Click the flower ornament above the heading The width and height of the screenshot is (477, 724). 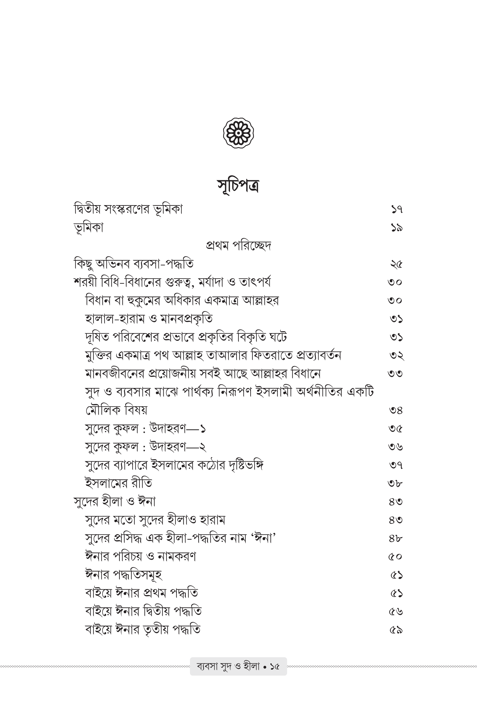[238, 133]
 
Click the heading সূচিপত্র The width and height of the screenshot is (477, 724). [238, 185]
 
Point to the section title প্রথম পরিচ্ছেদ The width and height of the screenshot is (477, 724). [238, 246]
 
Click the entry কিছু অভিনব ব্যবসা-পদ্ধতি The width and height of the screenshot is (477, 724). [134, 264]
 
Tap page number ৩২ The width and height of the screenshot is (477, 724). [396, 355]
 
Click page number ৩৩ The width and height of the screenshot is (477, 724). [396, 374]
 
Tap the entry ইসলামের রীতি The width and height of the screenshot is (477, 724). [118, 483]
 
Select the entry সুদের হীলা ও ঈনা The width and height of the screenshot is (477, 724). [115, 502]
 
